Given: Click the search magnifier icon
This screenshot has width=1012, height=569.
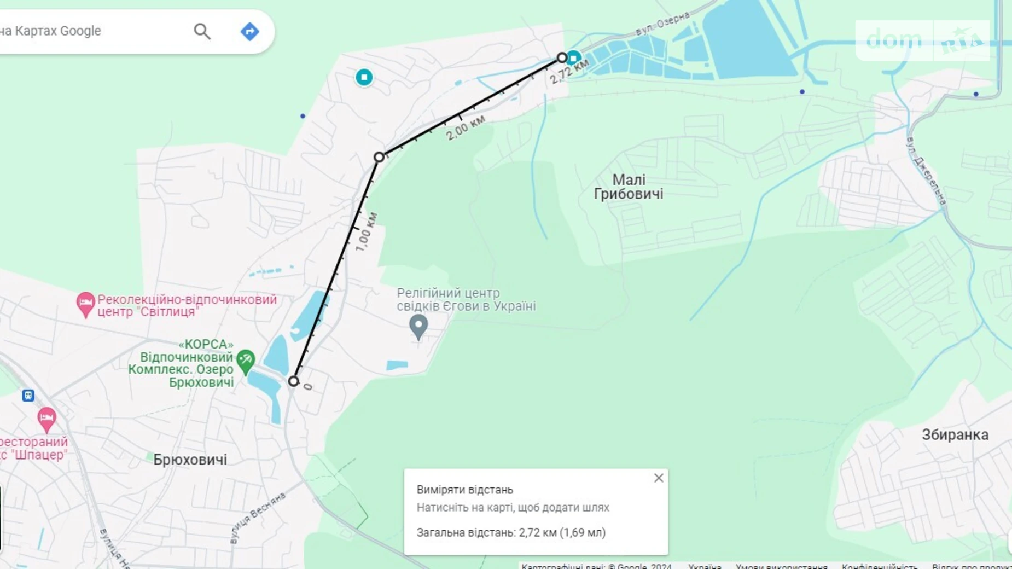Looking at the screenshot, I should click(x=202, y=31).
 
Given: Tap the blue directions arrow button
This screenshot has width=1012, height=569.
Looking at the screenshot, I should click(x=249, y=31).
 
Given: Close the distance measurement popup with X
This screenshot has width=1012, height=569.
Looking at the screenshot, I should click(x=659, y=478).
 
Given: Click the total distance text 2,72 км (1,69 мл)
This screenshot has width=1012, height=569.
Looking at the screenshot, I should click(x=562, y=532).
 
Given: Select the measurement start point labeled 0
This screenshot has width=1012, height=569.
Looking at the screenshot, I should click(x=294, y=381).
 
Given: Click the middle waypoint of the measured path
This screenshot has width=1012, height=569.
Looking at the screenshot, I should click(x=379, y=158).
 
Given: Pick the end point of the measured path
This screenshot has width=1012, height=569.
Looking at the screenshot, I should click(x=562, y=57).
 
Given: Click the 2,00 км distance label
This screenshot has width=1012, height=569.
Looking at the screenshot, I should click(x=465, y=127).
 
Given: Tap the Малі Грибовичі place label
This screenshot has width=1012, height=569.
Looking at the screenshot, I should click(x=629, y=187).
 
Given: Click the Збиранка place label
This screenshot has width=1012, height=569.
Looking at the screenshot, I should click(x=955, y=435).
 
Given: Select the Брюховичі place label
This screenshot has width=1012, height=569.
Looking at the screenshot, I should click(x=190, y=460).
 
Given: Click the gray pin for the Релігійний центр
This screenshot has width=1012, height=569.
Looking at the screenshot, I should click(x=418, y=326).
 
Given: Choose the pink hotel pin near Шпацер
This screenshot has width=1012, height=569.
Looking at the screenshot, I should click(x=46, y=419).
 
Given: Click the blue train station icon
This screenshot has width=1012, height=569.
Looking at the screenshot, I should click(x=28, y=395).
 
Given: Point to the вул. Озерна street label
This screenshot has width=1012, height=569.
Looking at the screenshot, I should click(x=662, y=24).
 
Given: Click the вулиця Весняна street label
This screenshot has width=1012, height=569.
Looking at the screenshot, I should click(x=258, y=517).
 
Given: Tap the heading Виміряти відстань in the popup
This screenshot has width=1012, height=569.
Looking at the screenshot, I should click(x=465, y=490).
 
